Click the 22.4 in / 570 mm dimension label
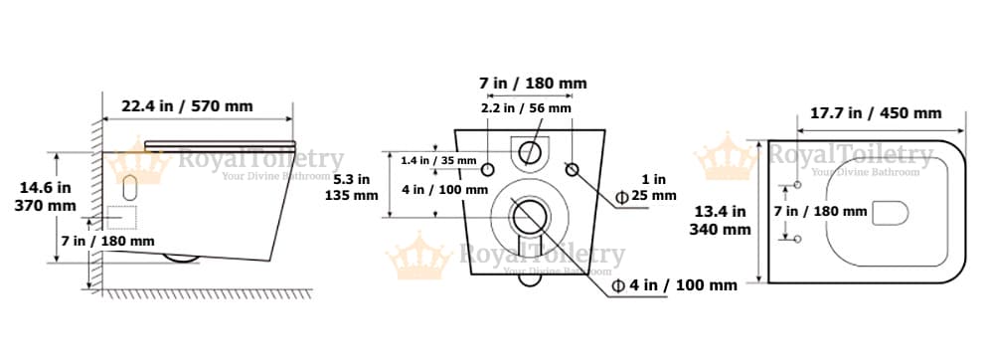coord(187,105)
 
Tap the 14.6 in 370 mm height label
coord(45,197)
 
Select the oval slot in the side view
coord(130,187)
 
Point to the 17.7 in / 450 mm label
coord(876,113)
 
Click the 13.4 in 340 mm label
coord(720,220)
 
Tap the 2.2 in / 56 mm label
coord(526,108)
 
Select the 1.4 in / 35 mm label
coord(438,160)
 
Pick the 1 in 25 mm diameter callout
coord(646,188)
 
